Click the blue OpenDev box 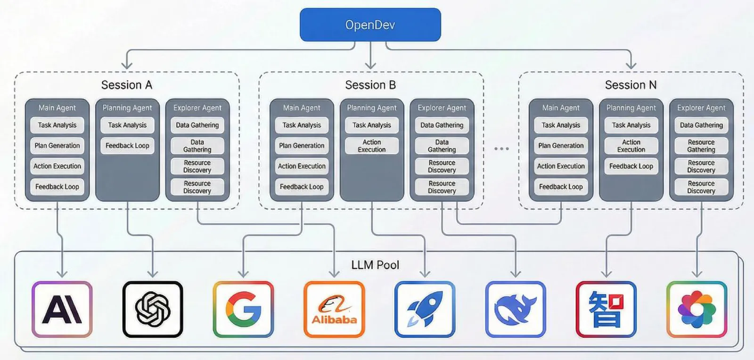(x=370, y=25)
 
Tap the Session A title (x=127, y=85)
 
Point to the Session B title (x=370, y=85)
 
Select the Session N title (x=631, y=85)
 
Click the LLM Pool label (x=375, y=265)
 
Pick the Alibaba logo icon (x=334, y=310)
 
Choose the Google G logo (x=243, y=310)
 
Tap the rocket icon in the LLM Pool (x=425, y=310)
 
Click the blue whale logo (x=516, y=310)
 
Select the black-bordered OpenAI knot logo (x=153, y=310)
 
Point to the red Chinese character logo (x=606, y=310)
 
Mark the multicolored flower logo (x=697, y=310)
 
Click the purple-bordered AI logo (x=62, y=310)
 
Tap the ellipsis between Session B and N (x=501, y=148)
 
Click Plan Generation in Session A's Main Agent (x=57, y=146)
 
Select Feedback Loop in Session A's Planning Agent (x=127, y=146)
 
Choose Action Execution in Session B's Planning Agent (x=372, y=146)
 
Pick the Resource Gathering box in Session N (x=701, y=146)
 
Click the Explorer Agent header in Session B (x=442, y=108)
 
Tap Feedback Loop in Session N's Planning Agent (x=631, y=166)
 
